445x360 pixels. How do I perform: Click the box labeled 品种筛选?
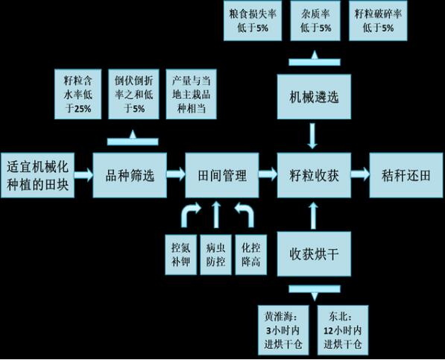(x=130, y=175)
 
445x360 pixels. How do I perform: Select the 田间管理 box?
(x=222, y=175)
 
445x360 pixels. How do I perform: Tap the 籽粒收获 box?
(x=314, y=175)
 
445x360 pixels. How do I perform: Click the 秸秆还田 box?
(x=406, y=175)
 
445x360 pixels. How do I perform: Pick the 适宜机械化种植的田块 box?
(x=38, y=175)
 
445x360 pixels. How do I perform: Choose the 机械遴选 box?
(x=314, y=97)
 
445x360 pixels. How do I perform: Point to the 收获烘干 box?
(x=314, y=253)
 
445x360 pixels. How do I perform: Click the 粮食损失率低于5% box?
(x=253, y=21)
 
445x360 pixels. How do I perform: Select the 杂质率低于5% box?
(x=315, y=21)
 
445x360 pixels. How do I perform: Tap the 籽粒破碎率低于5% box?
(x=378, y=21)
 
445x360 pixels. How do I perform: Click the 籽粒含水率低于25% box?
(x=78, y=94)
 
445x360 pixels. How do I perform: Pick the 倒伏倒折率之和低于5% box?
(x=133, y=94)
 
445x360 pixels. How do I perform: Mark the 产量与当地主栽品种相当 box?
(x=192, y=94)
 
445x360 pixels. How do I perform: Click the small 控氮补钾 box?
(x=181, y=254)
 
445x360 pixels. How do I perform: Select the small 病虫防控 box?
(x=215, y=254)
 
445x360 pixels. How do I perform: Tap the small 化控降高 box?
(x=251, y=254)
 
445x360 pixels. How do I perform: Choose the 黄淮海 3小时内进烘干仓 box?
(x=283, y=330)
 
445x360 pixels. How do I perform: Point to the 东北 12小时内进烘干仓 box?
(x=343, y=330)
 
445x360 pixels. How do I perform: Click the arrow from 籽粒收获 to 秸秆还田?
(x=360, y=174)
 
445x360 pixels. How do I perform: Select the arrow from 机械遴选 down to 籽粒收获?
(x=312, y=136)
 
